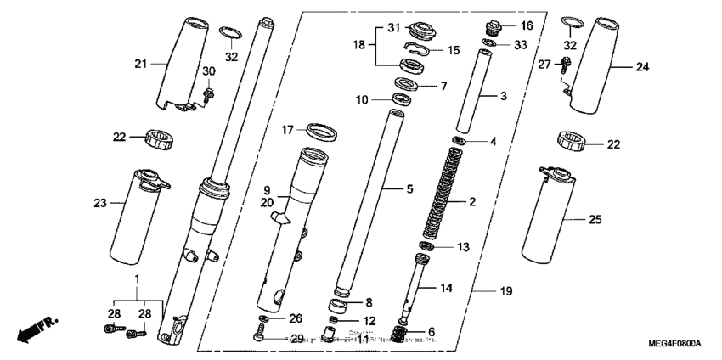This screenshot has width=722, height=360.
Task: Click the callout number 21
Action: pyautogui.click(x=141, y=63)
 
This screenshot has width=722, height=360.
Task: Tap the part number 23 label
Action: pyautogui.click(x=100, y=202)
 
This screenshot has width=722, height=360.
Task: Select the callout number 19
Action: pyautogui.click(x=506, y=291)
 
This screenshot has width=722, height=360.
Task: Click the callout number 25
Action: pyautogui.click(x=595, y=219)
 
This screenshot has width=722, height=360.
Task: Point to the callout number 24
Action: pyautogui.click(x=641, y=66)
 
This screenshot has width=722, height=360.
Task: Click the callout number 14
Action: pyautogui.click(x=447, y=288)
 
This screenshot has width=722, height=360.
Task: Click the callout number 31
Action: pyautogui.click(x=392, y=27)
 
